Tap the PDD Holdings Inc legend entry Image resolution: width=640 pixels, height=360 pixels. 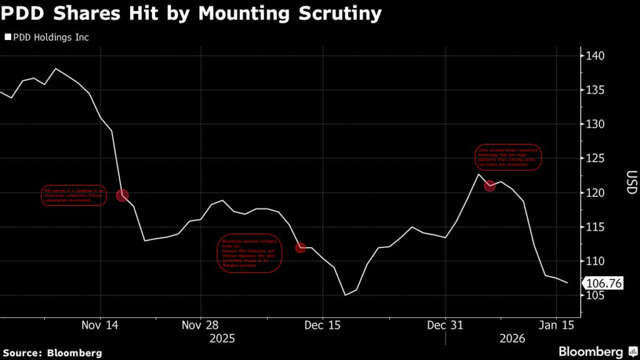47,37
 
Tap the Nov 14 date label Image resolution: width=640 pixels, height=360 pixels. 100,325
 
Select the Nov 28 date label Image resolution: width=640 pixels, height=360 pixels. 201,325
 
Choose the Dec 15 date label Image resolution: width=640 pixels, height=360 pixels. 322,325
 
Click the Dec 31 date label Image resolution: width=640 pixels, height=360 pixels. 445,325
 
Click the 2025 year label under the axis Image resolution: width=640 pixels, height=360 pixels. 222,338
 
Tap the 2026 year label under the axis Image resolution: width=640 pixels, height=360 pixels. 512,338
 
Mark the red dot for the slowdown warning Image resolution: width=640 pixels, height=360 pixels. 122,196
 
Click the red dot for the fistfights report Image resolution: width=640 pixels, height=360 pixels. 301,247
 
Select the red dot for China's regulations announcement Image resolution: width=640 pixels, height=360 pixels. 490,186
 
